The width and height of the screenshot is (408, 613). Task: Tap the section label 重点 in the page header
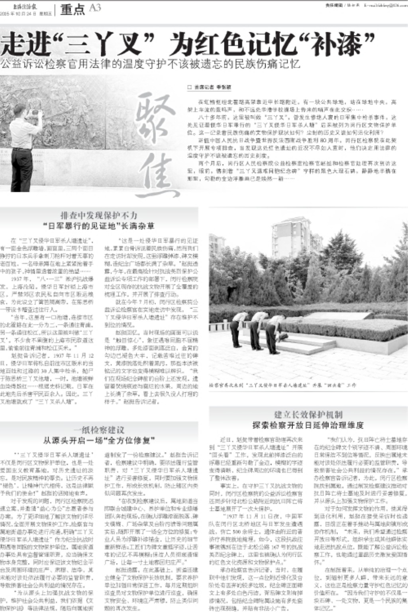tap(72, 9)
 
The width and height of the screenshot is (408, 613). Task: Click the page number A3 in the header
tap(95, 8)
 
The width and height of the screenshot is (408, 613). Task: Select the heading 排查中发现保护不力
tap(98, 216)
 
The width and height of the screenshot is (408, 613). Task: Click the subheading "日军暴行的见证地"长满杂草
tap(98, 226)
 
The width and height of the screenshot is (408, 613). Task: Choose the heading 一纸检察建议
tap(98, 430)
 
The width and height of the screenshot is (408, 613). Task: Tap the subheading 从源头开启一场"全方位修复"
tap(98, 440)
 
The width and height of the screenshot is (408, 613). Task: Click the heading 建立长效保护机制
tap(308, 415)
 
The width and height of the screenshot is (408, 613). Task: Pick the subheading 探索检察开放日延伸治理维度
tap(308, 425)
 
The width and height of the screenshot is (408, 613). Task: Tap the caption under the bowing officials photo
tap(282, 385)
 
